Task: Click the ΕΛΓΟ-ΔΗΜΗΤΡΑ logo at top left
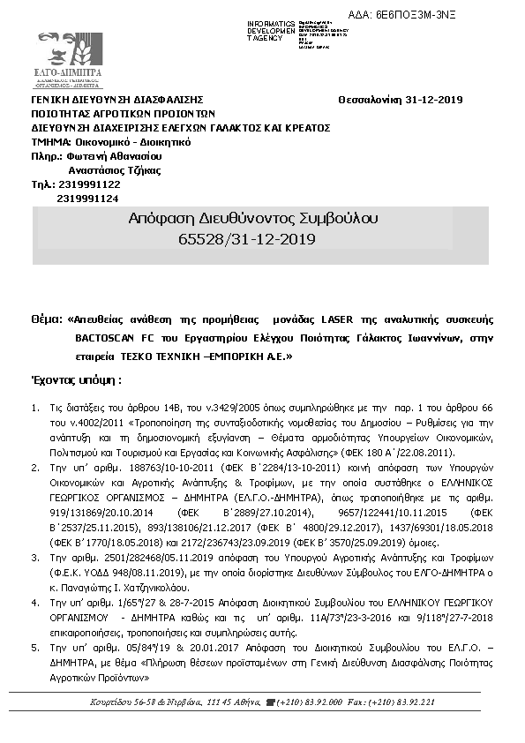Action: pyautogui.click(x=68, y=61)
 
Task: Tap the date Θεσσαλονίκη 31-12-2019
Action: pyautogui.click(x=400, y=100)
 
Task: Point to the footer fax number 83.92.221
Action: pyautogui.click(x=414, y=702)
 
